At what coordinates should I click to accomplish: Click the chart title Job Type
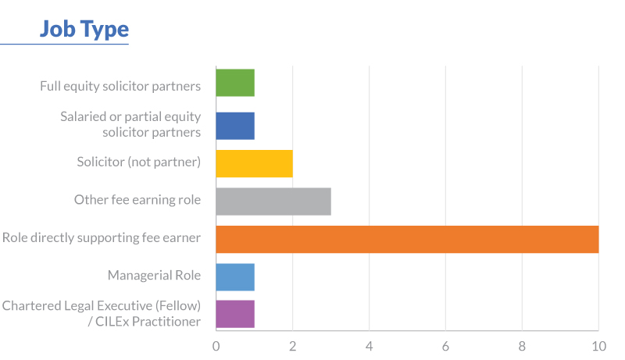pyautogui.click(x=84, y=30)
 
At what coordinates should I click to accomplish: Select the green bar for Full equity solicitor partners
pyautogui.click(x=235, y=83)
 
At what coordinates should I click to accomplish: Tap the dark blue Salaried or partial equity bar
pyautogui.click(x=235, y=124)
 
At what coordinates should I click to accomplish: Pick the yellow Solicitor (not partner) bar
pyautogui.click(x=254, y=162)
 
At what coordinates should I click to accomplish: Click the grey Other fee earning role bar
pyautogui.click(x=273, y=201)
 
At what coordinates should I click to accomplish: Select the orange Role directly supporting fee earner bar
pyautogui.click(x=407, y=239)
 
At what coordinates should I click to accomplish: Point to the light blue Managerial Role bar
pyautogui.click(x=235, y=276)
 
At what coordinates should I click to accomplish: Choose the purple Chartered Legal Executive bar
pyautogui.click(x=235, y=313)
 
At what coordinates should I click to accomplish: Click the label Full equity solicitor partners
pyautogui.click(x=120, y=86)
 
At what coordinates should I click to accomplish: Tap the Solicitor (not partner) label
pyautogui.click(x=139, y=162)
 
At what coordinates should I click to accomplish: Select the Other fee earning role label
pyautogui.click(x=137, y=200)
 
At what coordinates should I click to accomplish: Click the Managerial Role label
pyautogui.click(x=154, y=275)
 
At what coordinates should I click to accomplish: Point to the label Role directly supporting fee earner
pyautogui.click(x=102, y=237)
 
